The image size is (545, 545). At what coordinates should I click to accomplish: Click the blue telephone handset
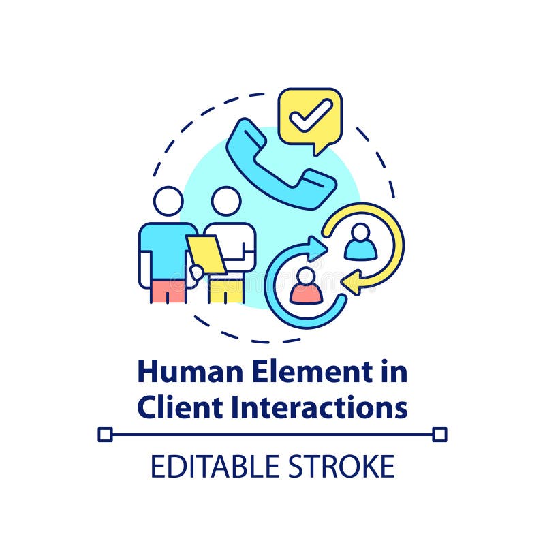pos(280,164)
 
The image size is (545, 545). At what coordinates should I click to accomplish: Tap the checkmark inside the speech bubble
pos(310,115)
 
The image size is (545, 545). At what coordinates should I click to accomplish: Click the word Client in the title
pos(176,407)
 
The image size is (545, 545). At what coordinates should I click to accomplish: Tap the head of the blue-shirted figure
pos(168,201)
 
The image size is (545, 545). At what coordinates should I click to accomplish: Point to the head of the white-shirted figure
pos(225,201)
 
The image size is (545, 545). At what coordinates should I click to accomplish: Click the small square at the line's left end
pos(105,434)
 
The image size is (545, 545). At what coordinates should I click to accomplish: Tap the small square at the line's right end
pos(439,434)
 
